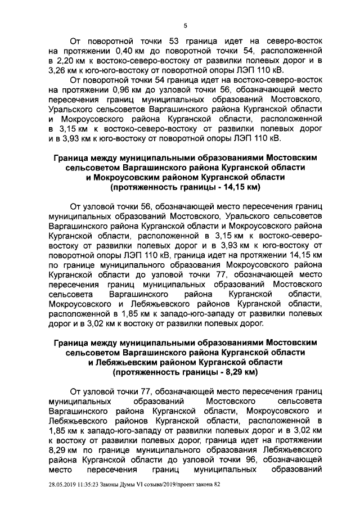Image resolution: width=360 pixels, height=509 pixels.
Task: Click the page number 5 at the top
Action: click(x=185, y=25)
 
